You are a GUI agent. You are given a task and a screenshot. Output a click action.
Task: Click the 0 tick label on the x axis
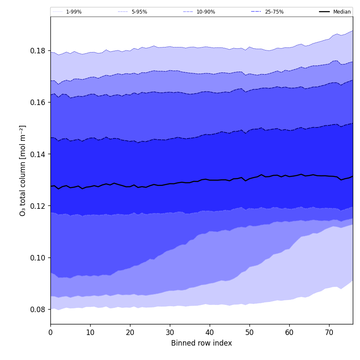pyautogui.click(x=50, y=332)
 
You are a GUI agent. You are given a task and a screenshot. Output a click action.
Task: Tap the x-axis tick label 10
pyautogui.click(x=90, y=332)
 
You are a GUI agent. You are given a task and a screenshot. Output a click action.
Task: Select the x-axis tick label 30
pyautogui.click(x=170, y=332)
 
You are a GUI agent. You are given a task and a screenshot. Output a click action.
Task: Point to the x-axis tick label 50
pyautogui.click(x=249, y=332)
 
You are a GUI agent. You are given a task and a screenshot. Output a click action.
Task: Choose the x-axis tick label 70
pyautogui.click(x=329, y=332)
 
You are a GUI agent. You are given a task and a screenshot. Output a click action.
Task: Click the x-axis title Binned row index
pyautogui.click(x=202, y=343)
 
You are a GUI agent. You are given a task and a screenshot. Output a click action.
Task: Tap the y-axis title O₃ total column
pyautogui.click(x=23, y=170)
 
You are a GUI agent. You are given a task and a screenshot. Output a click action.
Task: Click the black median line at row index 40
pyautogui.click(x=210, y=180)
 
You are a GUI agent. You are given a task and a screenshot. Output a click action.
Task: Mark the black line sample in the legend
pyautogui.click(x=325, y=12)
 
